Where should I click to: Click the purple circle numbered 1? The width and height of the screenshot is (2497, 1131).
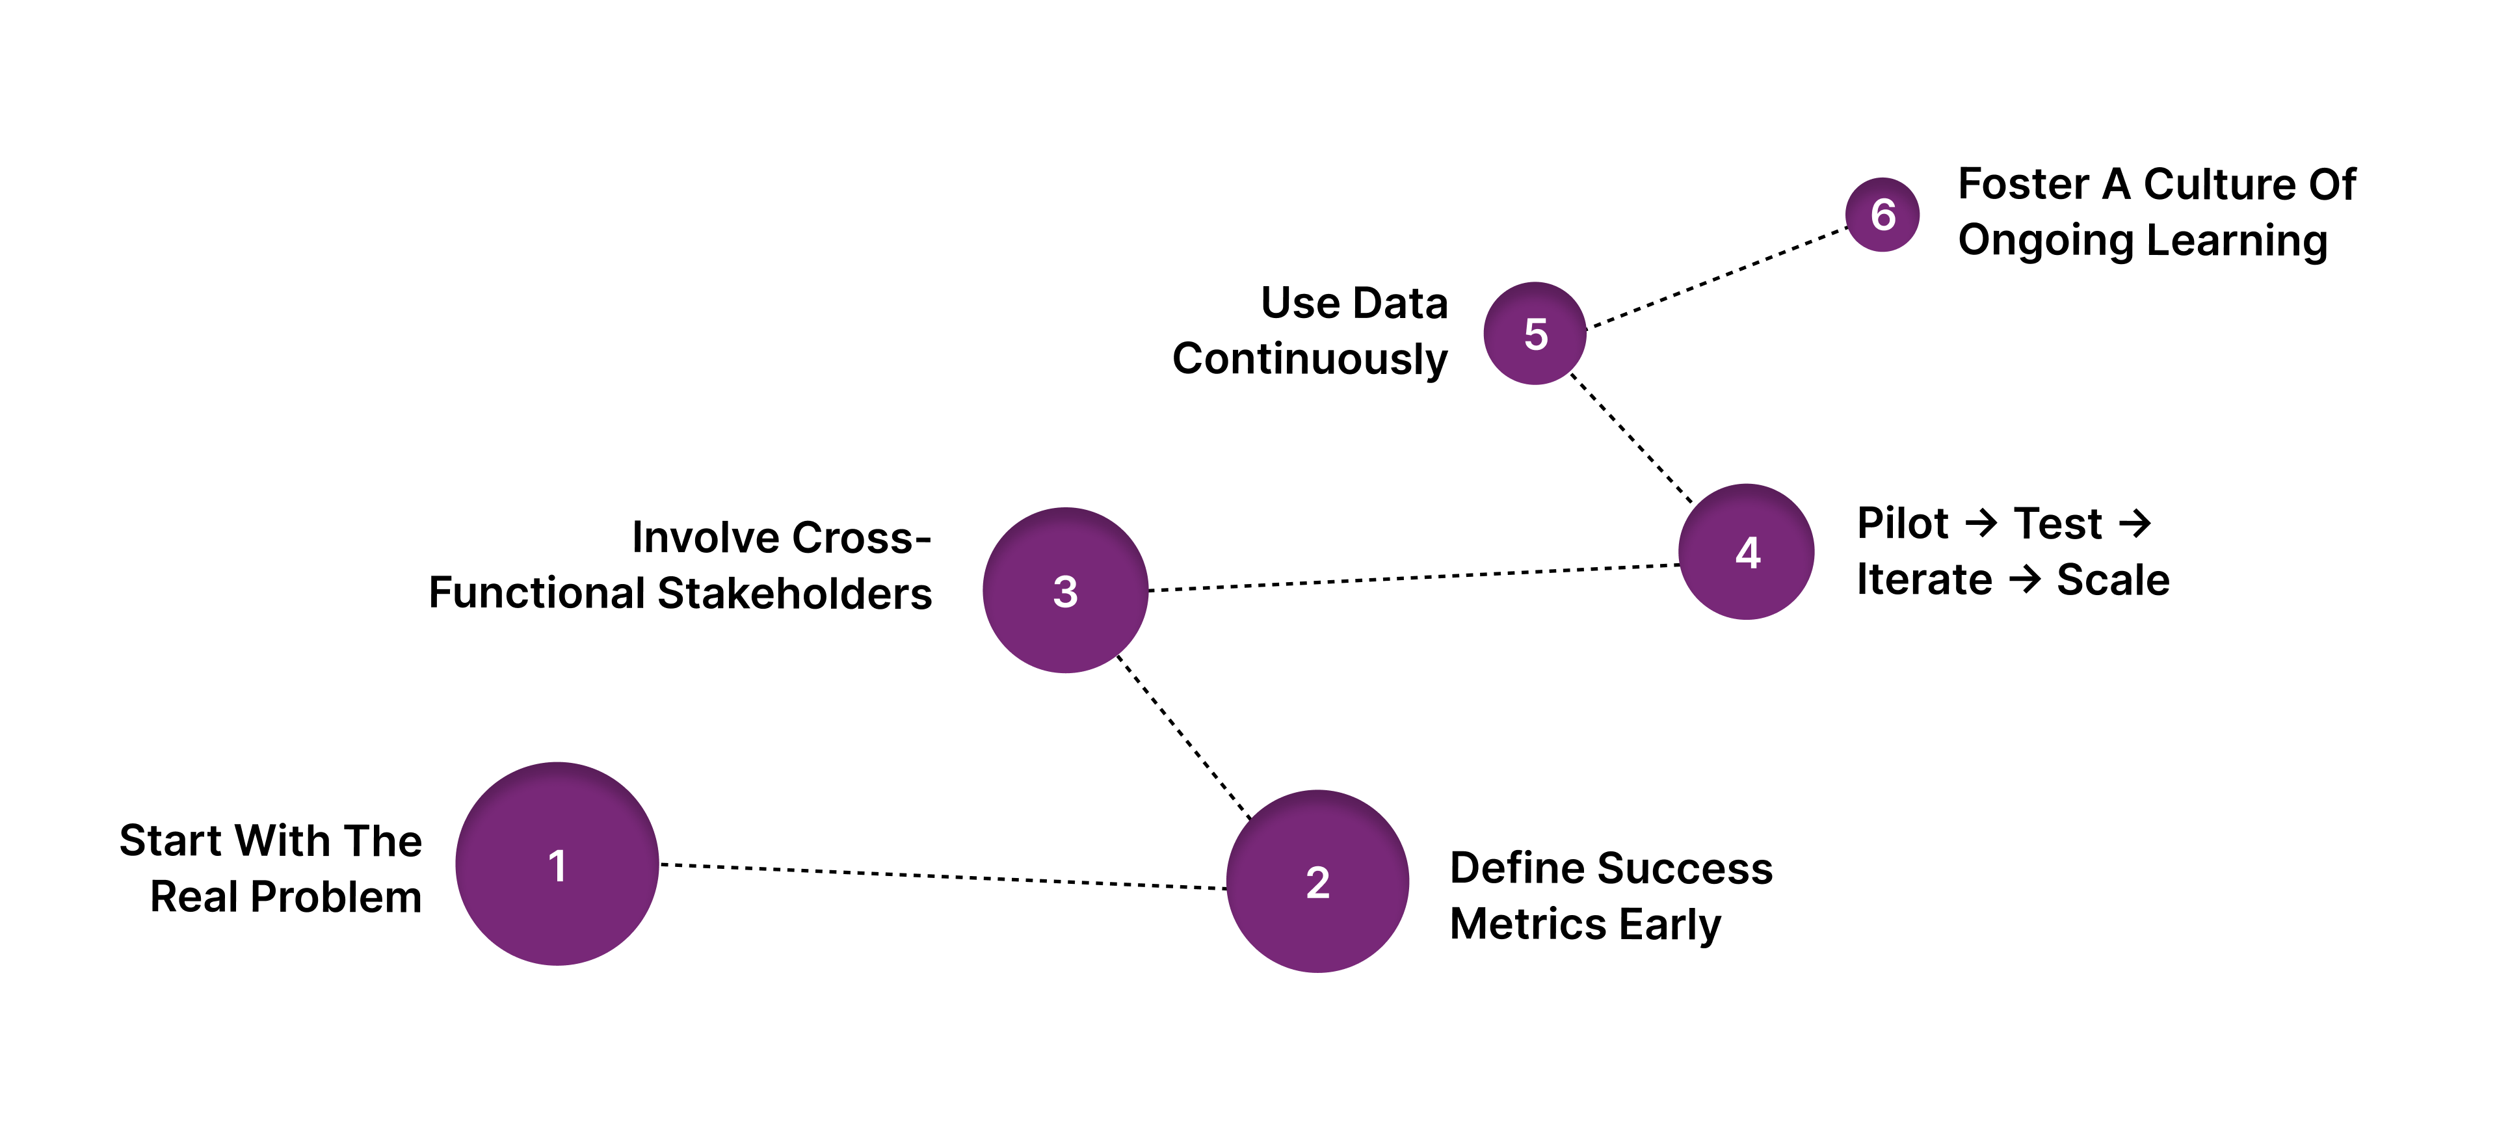point(557,864)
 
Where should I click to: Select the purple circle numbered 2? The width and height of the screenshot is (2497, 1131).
point(1317,881)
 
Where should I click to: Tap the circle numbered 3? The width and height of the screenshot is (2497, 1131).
point(1065,590)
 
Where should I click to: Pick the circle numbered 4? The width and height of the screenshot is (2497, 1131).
point(1747,552)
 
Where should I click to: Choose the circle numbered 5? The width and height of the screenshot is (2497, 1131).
point(1535,334)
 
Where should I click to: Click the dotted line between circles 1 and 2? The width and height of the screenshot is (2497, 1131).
point(940,876)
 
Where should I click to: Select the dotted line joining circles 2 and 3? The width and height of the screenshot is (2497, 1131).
point(1185,738)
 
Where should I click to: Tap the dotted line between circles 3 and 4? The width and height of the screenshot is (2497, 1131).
point(1413,578)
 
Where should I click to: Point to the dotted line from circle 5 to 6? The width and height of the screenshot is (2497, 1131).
point(1717,278)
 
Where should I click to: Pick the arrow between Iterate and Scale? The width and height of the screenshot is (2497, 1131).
point(2025,579)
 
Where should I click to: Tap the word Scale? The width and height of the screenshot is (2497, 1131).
point(2113,579)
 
